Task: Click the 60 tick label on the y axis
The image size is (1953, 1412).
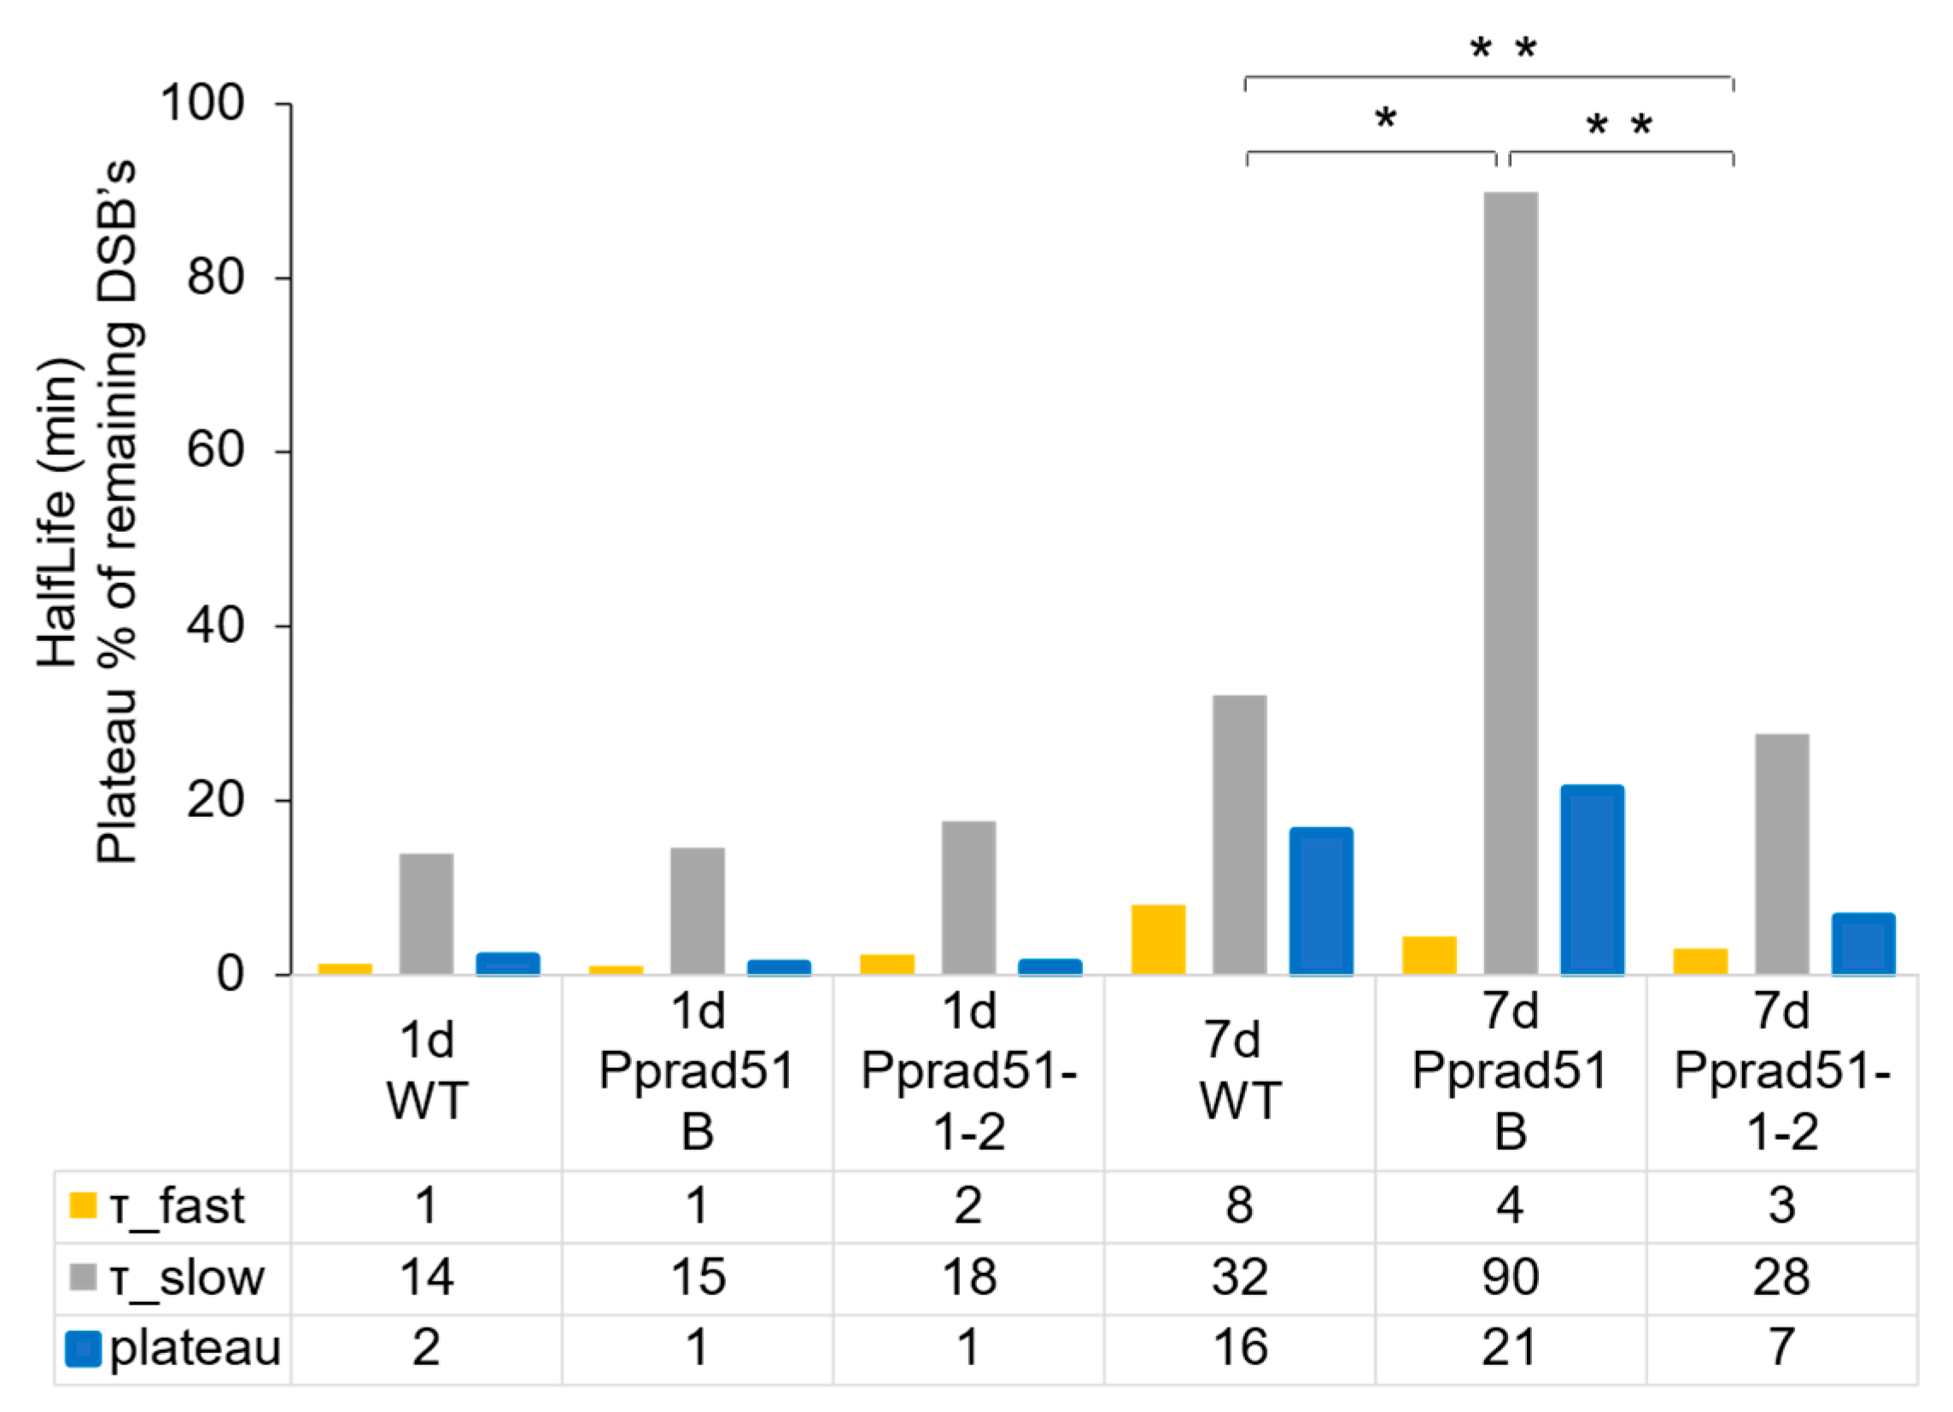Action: [215, 451]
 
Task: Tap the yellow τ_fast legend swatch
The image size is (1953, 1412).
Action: [83, 1205]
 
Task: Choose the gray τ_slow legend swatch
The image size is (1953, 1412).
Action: [83, 1278]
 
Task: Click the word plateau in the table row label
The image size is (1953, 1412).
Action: [196, 1348]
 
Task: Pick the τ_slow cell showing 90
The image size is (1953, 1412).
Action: [1511, 1278]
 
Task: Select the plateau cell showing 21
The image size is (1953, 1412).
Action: [1511, 1348]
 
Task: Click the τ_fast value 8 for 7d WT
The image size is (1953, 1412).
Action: [1239, 1205]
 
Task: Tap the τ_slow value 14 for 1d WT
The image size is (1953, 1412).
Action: [426, 1278]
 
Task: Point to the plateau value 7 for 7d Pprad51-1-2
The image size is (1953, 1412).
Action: [1781, 1348]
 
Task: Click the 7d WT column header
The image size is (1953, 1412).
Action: [1239, 1071]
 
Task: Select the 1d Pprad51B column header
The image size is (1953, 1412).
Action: [697, 1071]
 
